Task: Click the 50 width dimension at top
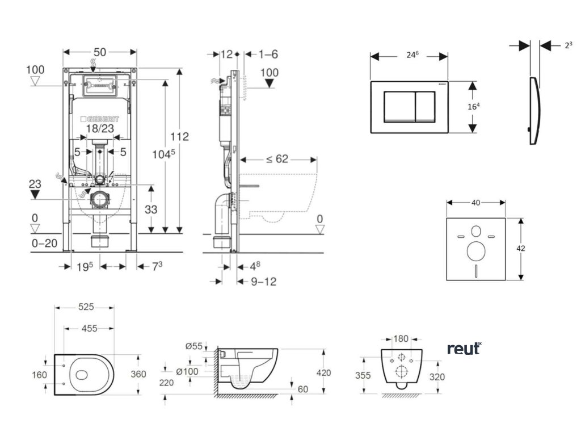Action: pyautogui.click(x=100, y=52)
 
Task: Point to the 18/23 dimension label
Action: pyautogui.click(x=100, y=129)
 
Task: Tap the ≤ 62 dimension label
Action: pyautogui.click(x=277, y=159)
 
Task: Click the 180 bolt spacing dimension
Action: pyautogui.click(x=401, y=339)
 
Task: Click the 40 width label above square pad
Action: pyautogui.click(x=475, y=202)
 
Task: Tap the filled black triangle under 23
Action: pyautogui.click(x=35, y=194)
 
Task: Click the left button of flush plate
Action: pyautogui.click(x=399, y=106)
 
